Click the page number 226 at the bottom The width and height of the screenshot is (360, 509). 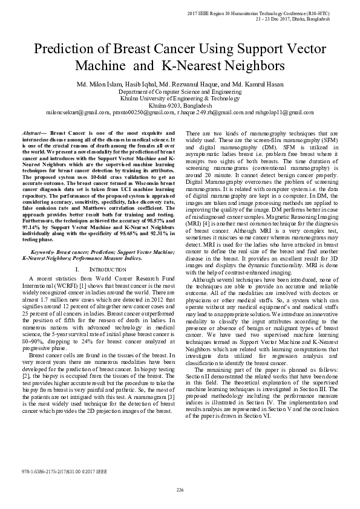[180, 489]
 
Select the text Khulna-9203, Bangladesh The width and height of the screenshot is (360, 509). [180, 105]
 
